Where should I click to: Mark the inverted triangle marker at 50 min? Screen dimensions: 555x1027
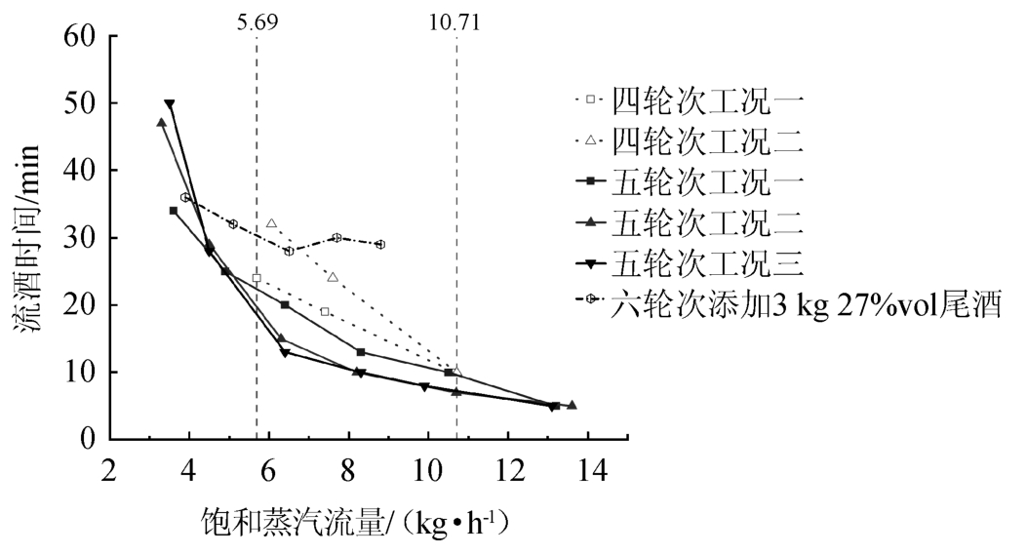point(169,103)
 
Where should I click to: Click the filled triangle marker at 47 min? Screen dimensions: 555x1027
point(161,123)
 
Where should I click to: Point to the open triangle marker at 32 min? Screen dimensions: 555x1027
point(271,223)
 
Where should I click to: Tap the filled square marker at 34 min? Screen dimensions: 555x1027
point(174,211)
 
